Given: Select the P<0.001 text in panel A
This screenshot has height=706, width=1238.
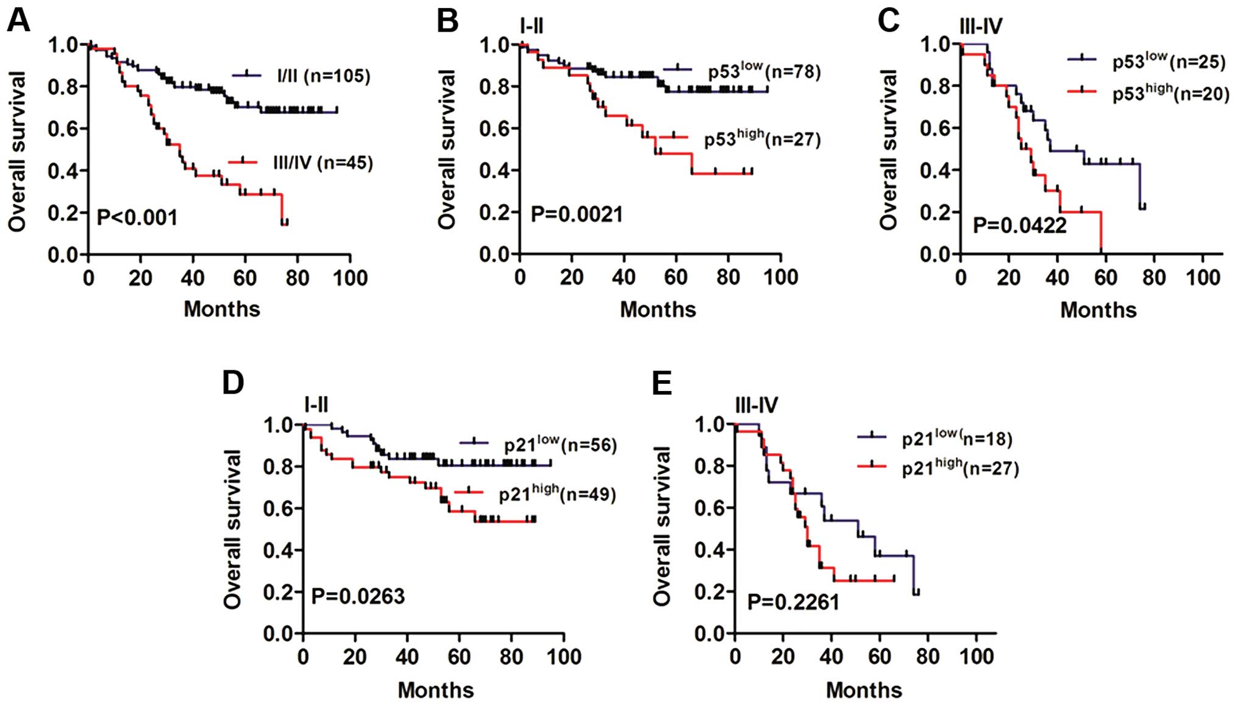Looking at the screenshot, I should pyautogui.click(x=137, y=217).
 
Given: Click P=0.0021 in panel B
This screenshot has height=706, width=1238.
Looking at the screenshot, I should pyautogui.click(x=577, y=215).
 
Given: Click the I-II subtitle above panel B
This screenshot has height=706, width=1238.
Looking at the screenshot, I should pyautogui.click(x=531, y=26).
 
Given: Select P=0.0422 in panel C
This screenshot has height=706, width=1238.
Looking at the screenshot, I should pyautogui.click(x=1019, y=225).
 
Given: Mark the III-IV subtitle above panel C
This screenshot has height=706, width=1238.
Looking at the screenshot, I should pyautogui.click(x=980, y=26).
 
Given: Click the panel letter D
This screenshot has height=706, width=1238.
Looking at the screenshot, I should pyautogui.click(x=233, y=383).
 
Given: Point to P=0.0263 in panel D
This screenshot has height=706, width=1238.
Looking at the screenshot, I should pyautogui.click(x=358, y=596).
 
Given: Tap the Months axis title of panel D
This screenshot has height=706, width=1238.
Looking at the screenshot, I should pyautogui.click(x=435, y=690).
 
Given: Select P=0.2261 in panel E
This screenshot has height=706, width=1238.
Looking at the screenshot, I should pyautogui.click(x=793, y=602).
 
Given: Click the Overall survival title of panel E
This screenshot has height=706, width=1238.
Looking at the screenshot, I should pyautogui.click(x=662, y=526).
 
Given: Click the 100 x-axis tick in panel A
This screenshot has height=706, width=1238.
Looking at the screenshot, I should pyautogui.click(x=350, y=278).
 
